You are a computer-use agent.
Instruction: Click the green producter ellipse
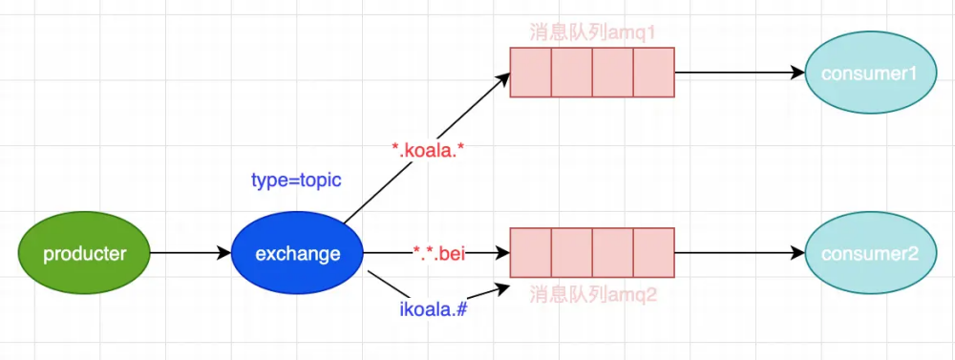[x=84, y=254]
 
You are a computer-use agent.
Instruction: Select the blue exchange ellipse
[x=298, y=254]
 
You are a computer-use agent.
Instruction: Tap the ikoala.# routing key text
[x=433, y=308]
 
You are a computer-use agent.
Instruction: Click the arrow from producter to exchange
[x=191, y=254]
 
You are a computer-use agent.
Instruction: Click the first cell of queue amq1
[x=530, y=74]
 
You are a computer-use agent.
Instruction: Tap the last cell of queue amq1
[x=654, y=74]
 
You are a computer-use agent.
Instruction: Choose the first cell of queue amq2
[x=530, y=253]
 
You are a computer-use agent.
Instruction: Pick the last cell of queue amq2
[x=654, y=253]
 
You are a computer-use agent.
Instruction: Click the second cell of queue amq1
[x=571, y=74]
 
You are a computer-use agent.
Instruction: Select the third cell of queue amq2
[x=613, y=253]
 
